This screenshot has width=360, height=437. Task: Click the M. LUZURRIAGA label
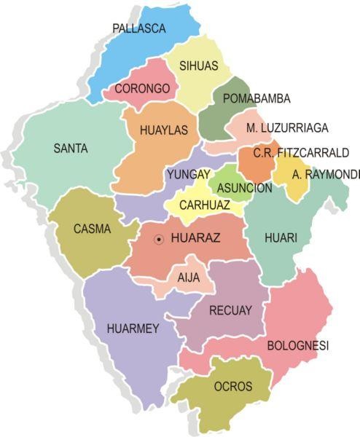(286, 128)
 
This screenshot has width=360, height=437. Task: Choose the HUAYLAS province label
(163, 130)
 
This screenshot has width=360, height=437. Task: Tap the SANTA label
(71, 149)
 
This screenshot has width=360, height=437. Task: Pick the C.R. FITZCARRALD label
(301, 153)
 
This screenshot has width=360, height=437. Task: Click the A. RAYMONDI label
(326, 175)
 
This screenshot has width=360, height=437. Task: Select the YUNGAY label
(188, 175)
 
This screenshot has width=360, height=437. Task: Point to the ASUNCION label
(243, 188)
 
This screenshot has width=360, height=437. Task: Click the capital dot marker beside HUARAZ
(159, 238)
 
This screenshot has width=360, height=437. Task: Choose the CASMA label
(93, 229)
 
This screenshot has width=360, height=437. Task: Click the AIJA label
(188, 277)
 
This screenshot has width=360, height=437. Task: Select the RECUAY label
(230, 311)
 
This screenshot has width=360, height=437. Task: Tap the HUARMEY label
(132, 328)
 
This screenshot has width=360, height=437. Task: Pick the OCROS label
(233, 386)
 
